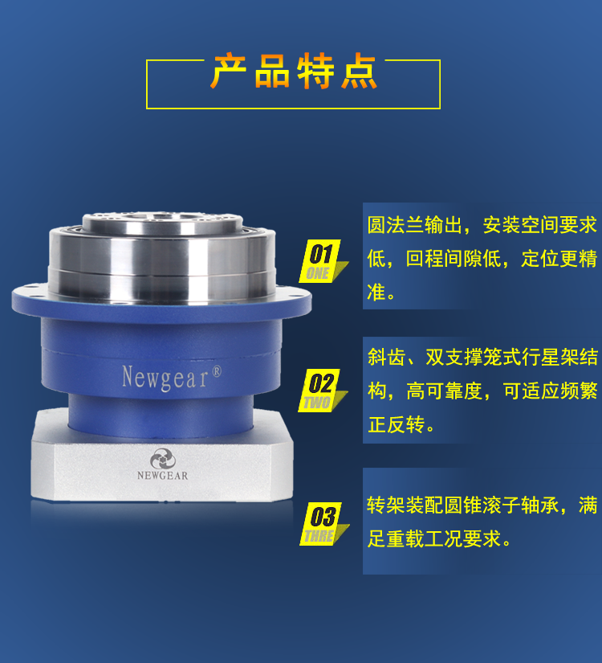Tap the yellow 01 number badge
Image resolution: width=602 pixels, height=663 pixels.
tap(321, 254)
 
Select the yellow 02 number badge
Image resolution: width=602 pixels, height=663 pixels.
tap(321, 382)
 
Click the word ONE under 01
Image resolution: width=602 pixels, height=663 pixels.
tap(319, 273)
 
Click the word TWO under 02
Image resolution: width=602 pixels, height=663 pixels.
tap(319, 403)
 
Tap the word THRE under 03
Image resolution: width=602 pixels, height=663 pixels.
tap(319, 536)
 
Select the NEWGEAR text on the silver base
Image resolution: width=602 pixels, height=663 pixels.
tap(157, 476)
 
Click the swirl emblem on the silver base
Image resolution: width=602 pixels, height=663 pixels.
tap(157, 457)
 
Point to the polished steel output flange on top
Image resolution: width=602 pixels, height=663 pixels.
tap(161, 241)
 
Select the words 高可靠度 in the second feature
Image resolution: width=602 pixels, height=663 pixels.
tap(445, 391)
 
